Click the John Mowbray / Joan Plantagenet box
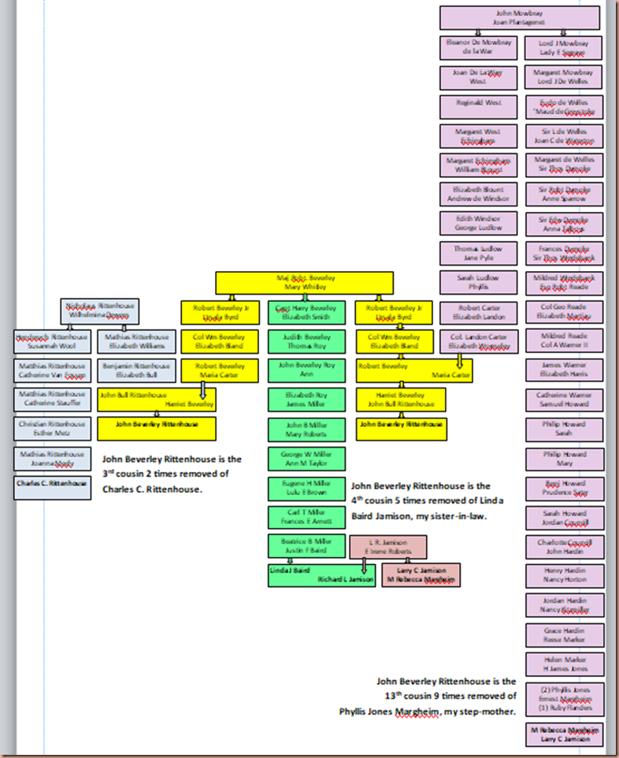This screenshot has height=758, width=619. pyautogui.click(x=520, y=18)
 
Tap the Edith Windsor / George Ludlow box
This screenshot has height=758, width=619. pyautogui.click(x=478, y=223)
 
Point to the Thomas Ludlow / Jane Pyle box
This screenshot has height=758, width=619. pyautogui.click(x=478, y=253)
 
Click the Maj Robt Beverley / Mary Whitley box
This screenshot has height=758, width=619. pyautogui.click(x=305, y=283)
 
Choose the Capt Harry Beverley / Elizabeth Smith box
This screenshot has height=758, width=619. pyautogui.click(x=306, y=313)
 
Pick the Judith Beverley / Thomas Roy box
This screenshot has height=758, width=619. pyautogui.click(x=306, y=341)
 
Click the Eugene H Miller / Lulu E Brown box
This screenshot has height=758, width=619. pyautogui.click(x=306, y=489)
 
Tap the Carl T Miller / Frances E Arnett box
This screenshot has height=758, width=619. pyautogui.click(x=306, y=518)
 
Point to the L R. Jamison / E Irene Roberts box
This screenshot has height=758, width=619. pyautogui.click(x=387, y=547)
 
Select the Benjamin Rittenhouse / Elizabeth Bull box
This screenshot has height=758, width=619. pyautogui.click(x=136, y=370)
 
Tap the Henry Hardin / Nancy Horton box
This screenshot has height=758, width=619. pyautogui.click(x=564, y=575)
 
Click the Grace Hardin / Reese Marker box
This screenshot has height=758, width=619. pyautogui.click(x=564, y=634)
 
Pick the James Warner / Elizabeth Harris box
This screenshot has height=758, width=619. pyautogui.click(x=564, y=370)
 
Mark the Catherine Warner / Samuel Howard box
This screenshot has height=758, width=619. pyautogui.click(x=564, y=399)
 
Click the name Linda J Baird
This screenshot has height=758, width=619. pyautogui.click(x=290, y=570)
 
